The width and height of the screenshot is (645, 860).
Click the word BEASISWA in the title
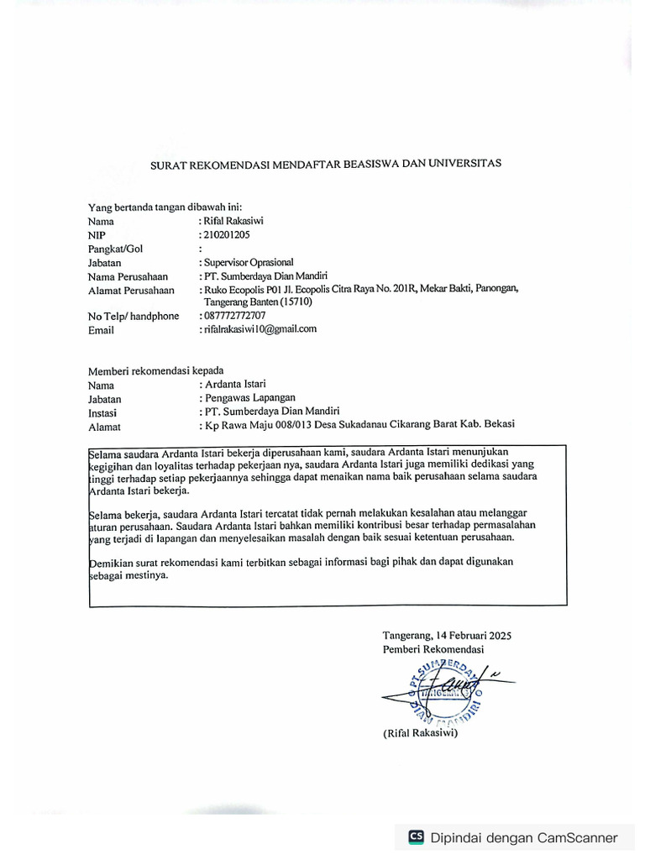pos(368,165)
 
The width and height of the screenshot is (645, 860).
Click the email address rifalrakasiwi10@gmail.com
pos(260,329)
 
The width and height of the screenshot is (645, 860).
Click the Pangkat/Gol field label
pos(115,249)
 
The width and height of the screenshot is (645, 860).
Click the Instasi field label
pos(102,412)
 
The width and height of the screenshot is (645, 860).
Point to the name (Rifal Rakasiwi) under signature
pos(420,733)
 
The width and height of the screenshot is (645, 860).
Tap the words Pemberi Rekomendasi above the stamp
pos(433,649)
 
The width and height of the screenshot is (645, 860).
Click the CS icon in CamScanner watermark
pos(416,836)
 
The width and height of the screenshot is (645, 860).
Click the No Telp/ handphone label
pos(134,317)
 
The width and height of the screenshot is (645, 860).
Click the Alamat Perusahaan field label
pos(131,290)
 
